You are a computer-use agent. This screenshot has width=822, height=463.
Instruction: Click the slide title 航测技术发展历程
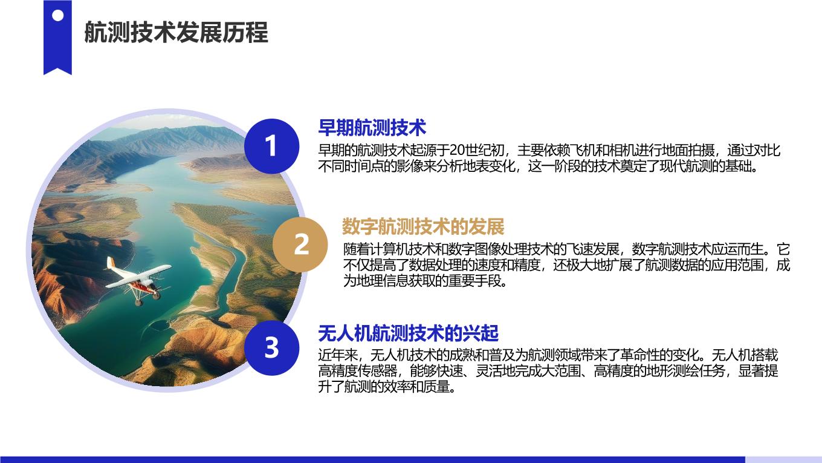click(176, 33)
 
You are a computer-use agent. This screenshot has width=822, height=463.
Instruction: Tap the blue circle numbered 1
click(271, 146)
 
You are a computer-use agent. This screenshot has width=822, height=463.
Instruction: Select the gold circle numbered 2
click(300, 245)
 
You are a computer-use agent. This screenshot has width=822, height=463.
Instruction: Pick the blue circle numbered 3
click(271, 347)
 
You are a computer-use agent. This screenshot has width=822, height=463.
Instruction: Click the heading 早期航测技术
click(372, 128)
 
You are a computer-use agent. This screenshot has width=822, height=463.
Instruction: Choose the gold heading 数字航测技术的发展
click(423, 226)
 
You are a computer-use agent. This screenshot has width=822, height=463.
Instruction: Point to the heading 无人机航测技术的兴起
click(408, 333)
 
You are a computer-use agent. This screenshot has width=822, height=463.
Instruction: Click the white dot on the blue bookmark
click(57, 16)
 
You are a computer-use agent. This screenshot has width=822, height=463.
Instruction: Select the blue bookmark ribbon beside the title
click(57, 38)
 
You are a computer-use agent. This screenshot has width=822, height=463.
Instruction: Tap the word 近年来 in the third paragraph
click(338, 355)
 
